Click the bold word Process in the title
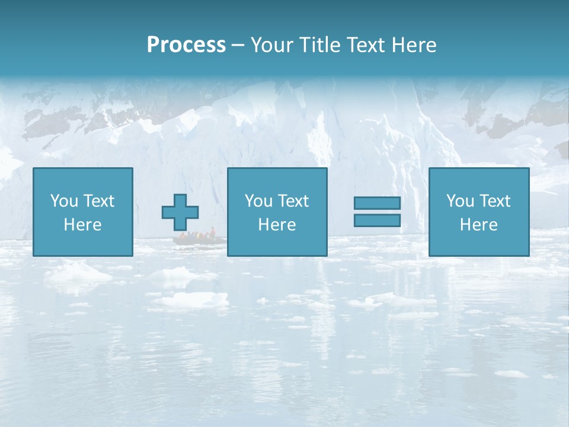tap(186, 45)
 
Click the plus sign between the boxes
tap(180, 212)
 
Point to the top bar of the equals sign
tap(377, 203)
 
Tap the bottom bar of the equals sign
tap(377, 221)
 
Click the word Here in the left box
tap(82, 225)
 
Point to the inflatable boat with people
tap(199, 239)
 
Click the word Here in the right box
tap(478, 225)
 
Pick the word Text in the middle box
tap(293, 201)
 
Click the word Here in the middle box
tap(277, 225)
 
